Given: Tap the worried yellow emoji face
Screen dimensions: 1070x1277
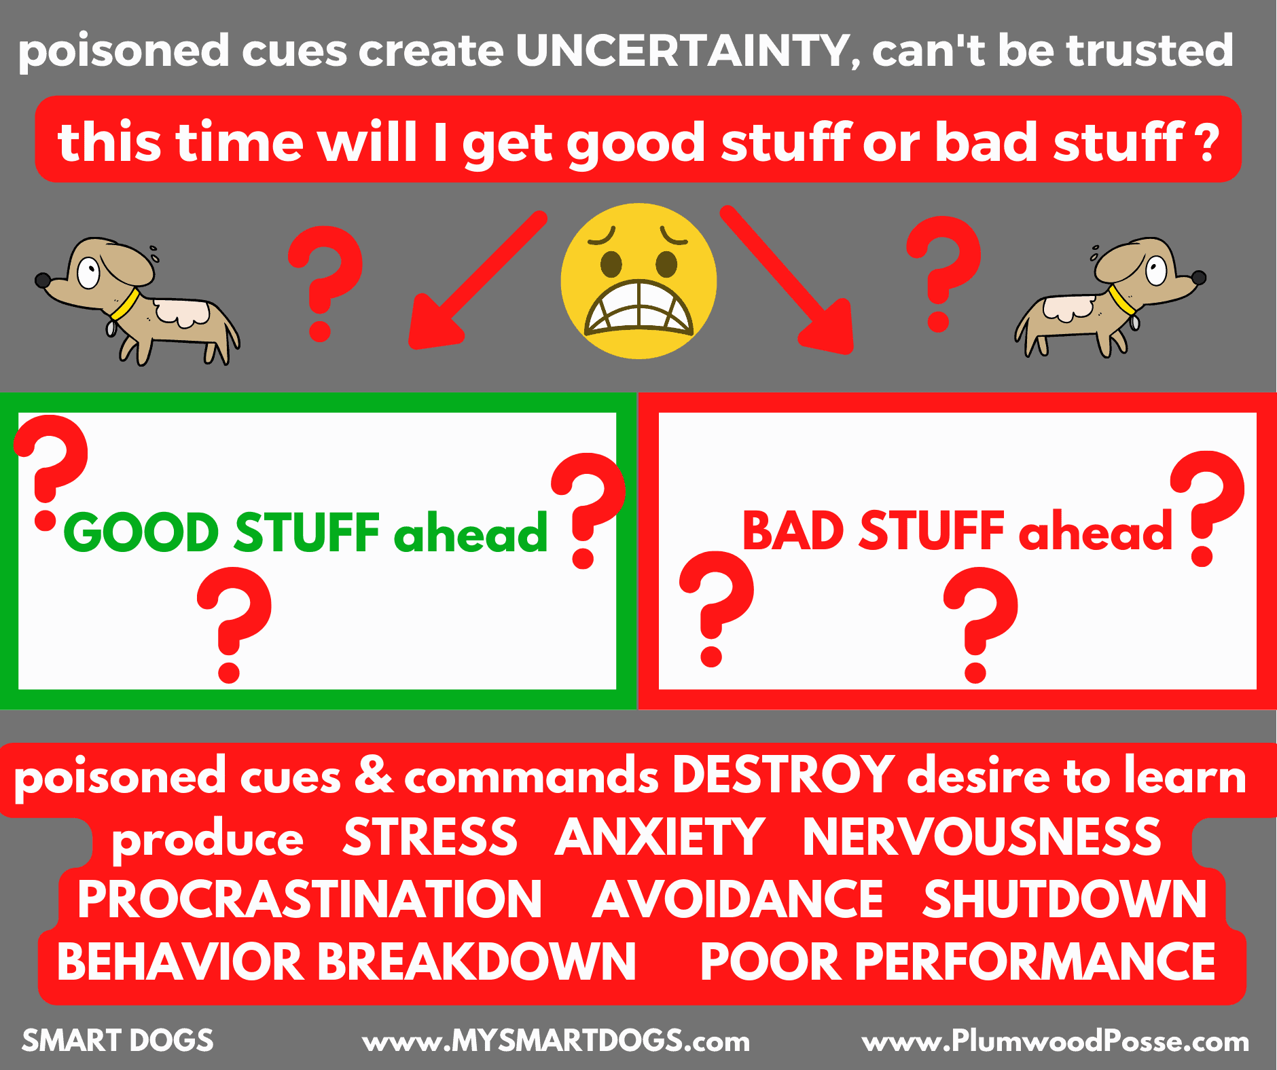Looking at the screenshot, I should [638, 281].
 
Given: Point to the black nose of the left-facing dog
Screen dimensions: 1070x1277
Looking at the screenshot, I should [42, 279].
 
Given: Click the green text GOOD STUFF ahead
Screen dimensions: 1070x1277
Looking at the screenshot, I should [306, 533].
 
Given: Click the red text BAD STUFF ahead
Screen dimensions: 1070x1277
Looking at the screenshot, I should [956, 532].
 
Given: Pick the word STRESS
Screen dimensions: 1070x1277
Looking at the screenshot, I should [430, 837].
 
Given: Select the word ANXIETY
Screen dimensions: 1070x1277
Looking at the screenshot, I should [660, 837].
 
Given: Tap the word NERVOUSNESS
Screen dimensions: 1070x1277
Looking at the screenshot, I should [982, 837].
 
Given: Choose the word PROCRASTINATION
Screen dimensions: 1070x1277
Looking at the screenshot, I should [310, 900].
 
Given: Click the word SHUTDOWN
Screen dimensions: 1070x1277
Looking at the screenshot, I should [1064, 900].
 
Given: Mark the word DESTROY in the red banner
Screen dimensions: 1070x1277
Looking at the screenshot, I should [783, 775].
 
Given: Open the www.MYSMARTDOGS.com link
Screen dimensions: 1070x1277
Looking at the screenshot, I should [556, 1041].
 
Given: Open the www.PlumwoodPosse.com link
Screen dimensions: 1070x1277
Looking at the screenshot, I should [1055, 1041].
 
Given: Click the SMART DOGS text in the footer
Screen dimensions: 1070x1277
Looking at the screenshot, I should [118, 1041].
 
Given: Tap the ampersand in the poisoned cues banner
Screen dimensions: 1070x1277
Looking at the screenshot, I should [374, 775].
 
